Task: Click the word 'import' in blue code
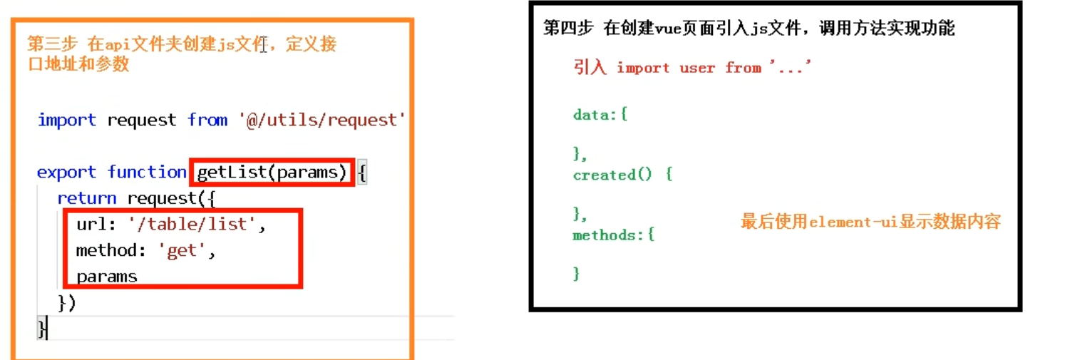coord(66,120)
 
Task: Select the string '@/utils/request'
coord(322,120)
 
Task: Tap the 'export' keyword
coord(66,173)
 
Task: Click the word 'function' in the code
coord(147,173)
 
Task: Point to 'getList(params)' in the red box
coord(272,173)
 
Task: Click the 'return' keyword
coord(86,198)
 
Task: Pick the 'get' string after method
coord(181,251)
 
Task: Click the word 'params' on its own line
coord(106,277)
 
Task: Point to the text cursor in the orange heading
coord(264,46)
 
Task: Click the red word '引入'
coord(590,68)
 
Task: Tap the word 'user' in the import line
coord(697,68)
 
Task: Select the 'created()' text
coord(612,175)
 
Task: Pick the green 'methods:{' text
coord(613,235)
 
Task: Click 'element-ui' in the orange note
coord(852,222)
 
